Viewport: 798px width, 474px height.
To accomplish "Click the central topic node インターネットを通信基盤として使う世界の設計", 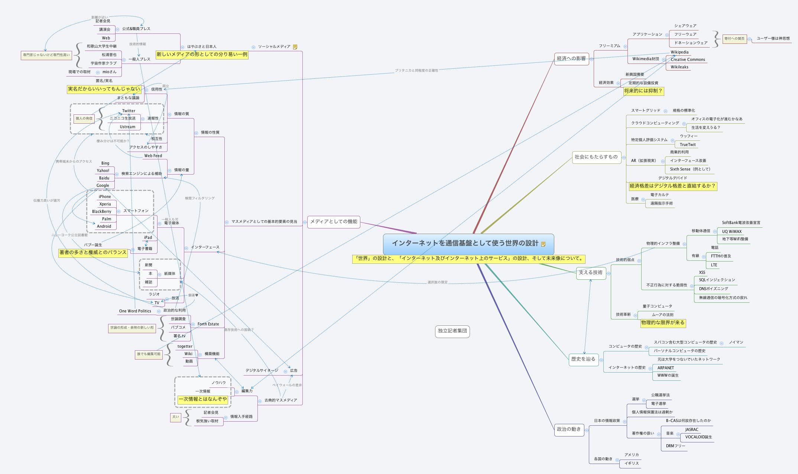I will point(465,243).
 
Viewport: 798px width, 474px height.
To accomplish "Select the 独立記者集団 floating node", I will point(452,331).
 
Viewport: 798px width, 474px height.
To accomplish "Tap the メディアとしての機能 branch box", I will point(334,222).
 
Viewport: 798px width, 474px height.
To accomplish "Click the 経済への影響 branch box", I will point(571,59).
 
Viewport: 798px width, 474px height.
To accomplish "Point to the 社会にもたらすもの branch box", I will point(596,157).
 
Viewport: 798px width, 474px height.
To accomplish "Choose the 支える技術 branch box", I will point(590,273).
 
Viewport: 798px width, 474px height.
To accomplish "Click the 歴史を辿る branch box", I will point(583,359).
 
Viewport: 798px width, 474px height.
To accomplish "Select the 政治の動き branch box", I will point(568,429).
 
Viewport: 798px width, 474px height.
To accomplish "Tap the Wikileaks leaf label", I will point(679,67).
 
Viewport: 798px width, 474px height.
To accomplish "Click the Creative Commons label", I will point(688,59).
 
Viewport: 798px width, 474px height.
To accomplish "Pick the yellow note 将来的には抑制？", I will point(643,91).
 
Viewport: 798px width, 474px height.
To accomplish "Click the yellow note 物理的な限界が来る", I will point(663,323).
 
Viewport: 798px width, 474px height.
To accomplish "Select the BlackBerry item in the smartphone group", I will point(101,212).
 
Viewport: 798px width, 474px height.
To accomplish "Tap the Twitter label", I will point(129,111).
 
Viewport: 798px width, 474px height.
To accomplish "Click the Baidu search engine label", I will point(104,178).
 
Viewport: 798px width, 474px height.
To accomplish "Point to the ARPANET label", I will point(665,368).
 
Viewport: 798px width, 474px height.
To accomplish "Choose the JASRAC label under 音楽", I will point(691,430).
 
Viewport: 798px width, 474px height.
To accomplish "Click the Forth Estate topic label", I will point(208,324).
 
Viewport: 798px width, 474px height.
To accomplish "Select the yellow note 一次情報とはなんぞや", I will point(202,399).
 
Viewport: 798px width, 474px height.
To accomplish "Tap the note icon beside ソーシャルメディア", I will point(295,47).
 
